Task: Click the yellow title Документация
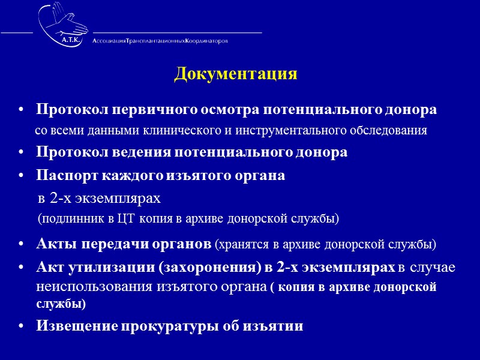tap(236, 74)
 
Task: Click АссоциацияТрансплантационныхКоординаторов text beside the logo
tap(160, 41)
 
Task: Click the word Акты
tap(55, 244)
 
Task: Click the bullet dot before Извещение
tap(22, 326)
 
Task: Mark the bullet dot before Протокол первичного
tap(22, 111)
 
